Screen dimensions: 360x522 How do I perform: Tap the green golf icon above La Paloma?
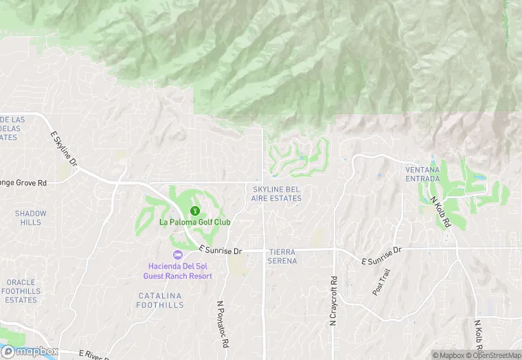(x=195, y=211)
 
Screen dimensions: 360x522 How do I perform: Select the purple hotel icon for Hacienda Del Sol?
(x=178, y=255)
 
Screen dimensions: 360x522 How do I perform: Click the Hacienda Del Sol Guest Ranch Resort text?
(x=178, y=271)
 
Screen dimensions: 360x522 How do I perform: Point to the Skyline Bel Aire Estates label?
(x=277, y=194)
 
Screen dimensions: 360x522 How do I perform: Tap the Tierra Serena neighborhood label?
(x=282, y=257)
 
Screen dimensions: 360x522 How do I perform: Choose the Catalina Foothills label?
(x=159, y=300)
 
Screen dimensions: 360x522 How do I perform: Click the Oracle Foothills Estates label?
(x=21, y=291)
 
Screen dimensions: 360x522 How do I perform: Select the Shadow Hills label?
(x=31, y=218)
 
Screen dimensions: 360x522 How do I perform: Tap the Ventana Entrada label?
(x=422, y=175)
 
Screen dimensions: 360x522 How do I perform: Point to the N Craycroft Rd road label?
(x=334, y=301)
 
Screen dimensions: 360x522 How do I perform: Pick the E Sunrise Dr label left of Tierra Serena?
(x=220, y=251)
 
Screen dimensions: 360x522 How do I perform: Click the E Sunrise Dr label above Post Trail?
(x=381, y=256)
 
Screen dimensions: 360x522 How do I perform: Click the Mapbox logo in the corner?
(x=29, y=351)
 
